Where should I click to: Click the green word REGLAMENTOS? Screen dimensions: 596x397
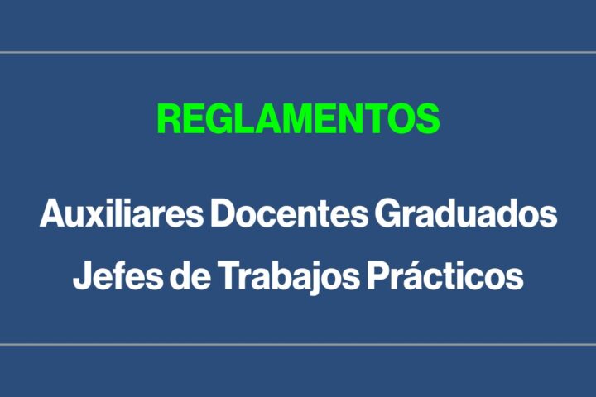(x=299, y=118)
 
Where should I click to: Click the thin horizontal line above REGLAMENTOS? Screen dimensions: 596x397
(x=298, y=52)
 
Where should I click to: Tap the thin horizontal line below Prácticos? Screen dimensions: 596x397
(x=298, y=345)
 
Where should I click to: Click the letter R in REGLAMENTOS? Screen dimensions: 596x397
(x=169, y=118)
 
